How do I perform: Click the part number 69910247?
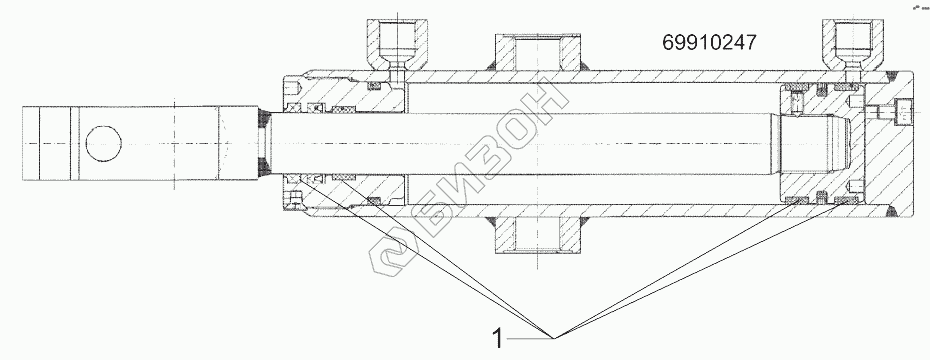(709, 43)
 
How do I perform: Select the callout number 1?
(498, 339)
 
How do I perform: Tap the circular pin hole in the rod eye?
(104, 144)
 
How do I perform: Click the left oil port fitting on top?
(397, 46)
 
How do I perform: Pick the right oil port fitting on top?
(853, 46)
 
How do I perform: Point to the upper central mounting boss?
(537, 52)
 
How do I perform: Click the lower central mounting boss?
(537, 234)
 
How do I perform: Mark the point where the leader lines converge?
(555, 338)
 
